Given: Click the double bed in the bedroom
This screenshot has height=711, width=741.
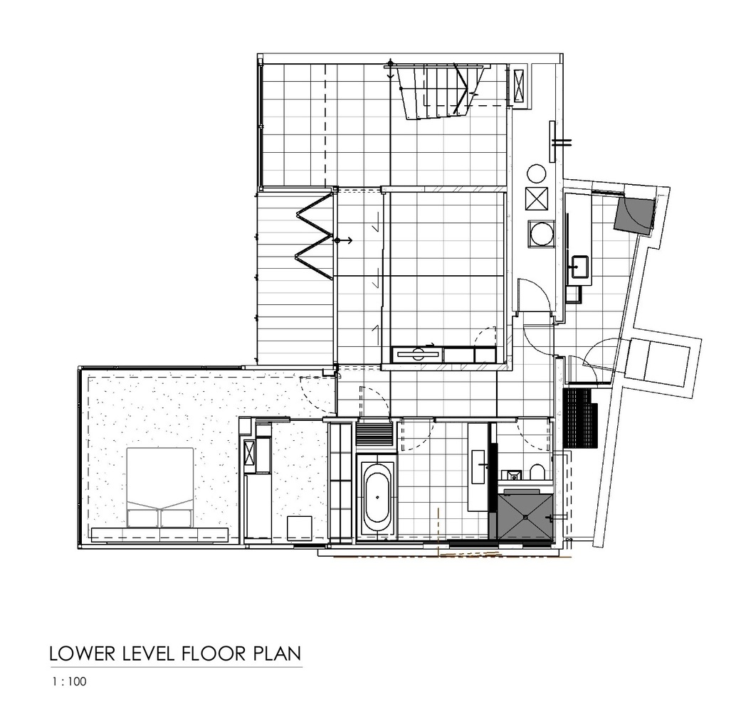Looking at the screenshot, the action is pos(160,487).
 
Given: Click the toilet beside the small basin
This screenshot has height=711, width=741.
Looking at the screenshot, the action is pos(537,472).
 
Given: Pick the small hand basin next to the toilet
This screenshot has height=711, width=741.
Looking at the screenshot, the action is pos(511,474).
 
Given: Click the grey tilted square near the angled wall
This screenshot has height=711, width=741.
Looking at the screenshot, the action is pos(635,215).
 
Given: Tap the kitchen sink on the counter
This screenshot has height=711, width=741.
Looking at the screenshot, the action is pos(579,267).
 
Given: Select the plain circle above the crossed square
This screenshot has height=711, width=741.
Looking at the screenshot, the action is pos(537,173).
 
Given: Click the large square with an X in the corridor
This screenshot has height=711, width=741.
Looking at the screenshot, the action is pos(537,198).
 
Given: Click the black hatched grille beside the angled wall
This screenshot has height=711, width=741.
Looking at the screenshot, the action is pos(580,418).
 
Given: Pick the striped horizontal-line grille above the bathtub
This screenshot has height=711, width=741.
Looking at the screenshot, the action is pos(374,434).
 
